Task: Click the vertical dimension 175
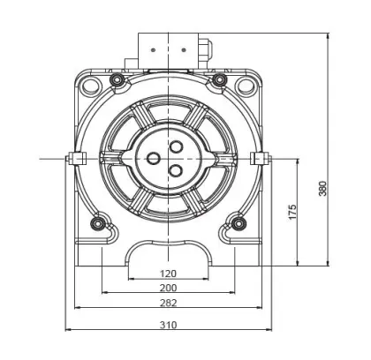(x=292, y=212)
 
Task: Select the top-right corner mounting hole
(x=244, y=85)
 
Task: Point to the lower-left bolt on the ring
(x=98, y=221)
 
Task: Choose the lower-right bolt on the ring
(x=235, y=221)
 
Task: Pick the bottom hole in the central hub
(x=173, y=170)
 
